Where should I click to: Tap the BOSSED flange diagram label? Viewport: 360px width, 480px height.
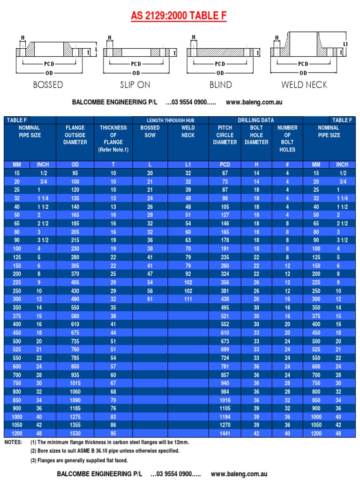[48, 85]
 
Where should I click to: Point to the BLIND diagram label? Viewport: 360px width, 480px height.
[221, 85]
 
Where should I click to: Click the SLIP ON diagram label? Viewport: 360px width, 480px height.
[135, 85]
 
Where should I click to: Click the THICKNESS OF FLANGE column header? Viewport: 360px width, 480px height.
[113, 138]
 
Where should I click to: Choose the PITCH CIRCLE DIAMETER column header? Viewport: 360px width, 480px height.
[225, 135]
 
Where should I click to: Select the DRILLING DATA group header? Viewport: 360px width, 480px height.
[256, 120]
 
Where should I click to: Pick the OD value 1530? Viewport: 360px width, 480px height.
[75, 434]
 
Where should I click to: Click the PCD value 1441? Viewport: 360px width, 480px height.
[225, 434]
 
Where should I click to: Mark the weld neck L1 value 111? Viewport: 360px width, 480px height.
[188, 299]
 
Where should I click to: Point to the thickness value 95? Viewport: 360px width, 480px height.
[113, 434]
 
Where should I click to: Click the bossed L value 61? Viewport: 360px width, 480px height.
[150, 299]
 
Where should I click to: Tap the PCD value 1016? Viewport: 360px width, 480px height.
[225, 400]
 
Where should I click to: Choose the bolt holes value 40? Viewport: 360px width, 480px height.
[287, 434]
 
